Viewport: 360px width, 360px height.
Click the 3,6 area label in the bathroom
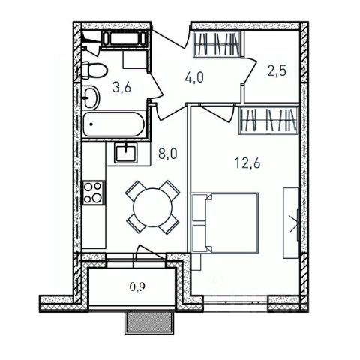[x=121, y=88]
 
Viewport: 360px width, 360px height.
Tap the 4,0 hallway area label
[x=194, y=77]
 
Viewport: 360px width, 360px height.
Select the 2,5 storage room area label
[x=277, y=71]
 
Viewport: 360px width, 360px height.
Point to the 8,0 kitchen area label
[x=168, y=154]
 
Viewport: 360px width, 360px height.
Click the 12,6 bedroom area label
[x=247, y=163]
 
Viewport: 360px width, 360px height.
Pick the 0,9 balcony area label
[x=137, y=287]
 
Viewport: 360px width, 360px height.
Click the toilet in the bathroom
[x=94, y=70]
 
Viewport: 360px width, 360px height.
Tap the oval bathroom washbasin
[x=91, y=97]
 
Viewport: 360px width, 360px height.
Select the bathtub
[x=114, y=124]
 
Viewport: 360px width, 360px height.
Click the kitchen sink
[x=126, y=154]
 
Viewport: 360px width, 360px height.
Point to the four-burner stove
[x=93, y=193]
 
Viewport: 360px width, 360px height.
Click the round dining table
[x=153, y=207]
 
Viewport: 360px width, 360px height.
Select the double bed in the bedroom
[x=225, y=223]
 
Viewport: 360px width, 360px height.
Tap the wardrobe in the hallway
[x=217, y=44]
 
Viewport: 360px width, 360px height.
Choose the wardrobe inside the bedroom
[x=269, y=121]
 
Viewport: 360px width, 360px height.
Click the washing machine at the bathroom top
[x=124, y=39]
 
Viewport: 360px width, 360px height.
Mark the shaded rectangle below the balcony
[x=149, y=322]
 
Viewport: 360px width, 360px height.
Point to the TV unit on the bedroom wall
[x=291, y=223]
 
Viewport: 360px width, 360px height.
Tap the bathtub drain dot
[x=91, y=124]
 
